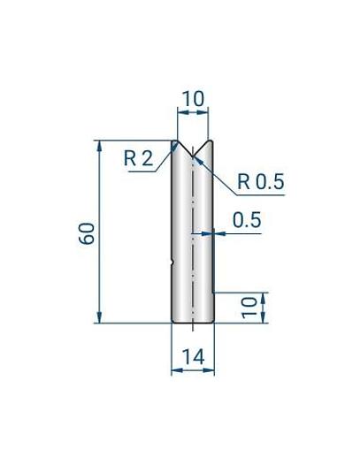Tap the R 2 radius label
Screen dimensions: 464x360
click(138, 159)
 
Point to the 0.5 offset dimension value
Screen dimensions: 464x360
click(247, 221)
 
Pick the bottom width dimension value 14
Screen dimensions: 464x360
click(192, 357)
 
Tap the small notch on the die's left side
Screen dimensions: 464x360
click(172, 262)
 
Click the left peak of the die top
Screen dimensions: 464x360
click(178, 141)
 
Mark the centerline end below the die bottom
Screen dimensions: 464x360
click(192, 331)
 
